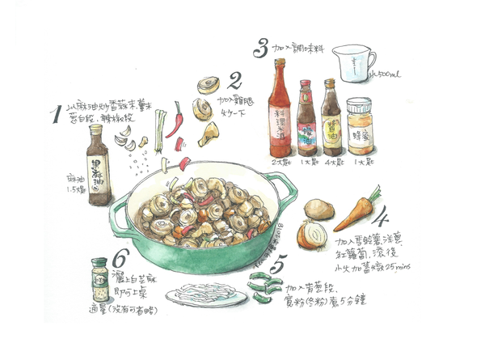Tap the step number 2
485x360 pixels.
(x=235, y=81)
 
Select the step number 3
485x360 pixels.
(x=260, y=49)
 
